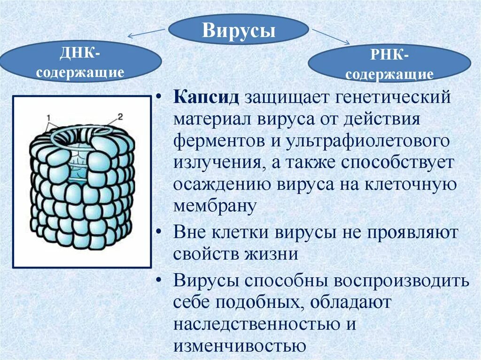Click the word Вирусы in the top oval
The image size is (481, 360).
tap(239, 31)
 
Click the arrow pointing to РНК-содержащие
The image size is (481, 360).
tap(331, 37)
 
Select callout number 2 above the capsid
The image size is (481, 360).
tap(120, 116)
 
